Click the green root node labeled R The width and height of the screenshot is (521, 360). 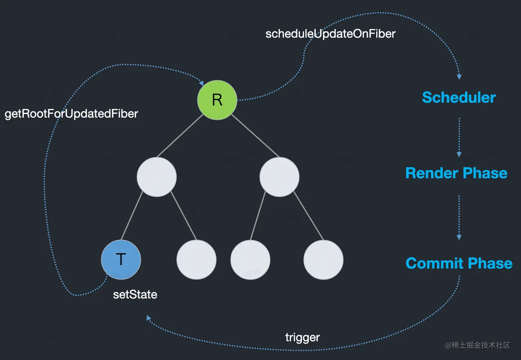(217, 100)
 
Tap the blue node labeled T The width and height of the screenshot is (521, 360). (121, 260)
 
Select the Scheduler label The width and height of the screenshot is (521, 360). (459, 97)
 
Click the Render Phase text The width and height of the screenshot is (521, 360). (456, 173)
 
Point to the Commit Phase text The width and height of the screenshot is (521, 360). (459, 263)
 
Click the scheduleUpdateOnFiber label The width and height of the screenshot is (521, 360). (331, 34)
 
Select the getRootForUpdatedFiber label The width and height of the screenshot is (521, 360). (71, 114)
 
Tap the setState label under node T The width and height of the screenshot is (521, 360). (135, 295)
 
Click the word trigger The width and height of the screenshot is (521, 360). (302, 338)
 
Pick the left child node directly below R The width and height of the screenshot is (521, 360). (157, 177)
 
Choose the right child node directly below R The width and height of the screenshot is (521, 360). (279, 177)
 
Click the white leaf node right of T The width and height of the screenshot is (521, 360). (196, 260)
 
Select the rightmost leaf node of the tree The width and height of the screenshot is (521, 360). (323, 260)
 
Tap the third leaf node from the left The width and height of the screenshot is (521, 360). (250, 260)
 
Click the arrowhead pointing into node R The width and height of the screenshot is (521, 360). (201, 83)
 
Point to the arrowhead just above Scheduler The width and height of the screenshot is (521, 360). (459, 77)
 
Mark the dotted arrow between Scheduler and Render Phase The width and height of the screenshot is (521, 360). (459, 137)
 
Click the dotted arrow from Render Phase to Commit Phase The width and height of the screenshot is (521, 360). (459, 218)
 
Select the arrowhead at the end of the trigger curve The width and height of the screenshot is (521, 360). (149, 318)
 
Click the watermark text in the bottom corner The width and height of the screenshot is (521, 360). (477, 345)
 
